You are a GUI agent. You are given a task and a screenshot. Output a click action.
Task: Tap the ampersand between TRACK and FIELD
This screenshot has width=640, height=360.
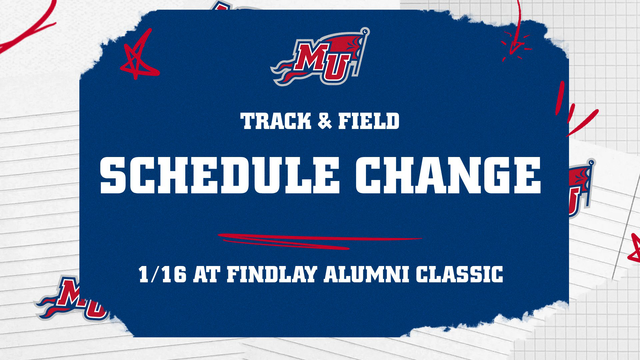[x=325, y=121]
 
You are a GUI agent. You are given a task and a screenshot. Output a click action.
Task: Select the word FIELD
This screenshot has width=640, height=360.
[x=369, y=121]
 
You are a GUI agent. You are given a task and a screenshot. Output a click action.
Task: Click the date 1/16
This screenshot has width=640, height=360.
[x=162, y=274]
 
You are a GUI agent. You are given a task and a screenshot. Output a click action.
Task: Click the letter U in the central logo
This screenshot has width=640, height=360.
[x=337, y=68]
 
